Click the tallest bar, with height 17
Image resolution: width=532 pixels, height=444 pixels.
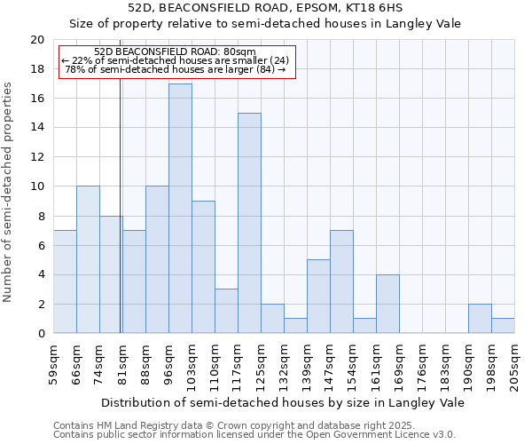click(180, 209)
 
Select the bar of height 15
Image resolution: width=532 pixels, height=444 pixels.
click(249, 223)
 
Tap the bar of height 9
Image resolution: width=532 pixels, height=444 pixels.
click(203, 267)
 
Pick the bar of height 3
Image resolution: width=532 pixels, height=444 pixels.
click(226, 311)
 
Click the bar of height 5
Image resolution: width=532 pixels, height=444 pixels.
click(318, 297)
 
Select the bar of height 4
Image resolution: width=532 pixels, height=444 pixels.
click(387, 304)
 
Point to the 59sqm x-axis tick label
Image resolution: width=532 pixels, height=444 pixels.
click(54, 363)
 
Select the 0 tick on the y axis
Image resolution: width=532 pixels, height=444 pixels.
click(41, 333)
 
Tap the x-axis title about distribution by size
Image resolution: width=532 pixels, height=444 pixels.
click(284, 402)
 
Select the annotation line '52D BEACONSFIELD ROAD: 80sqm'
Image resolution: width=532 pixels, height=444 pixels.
click(175, 52)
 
